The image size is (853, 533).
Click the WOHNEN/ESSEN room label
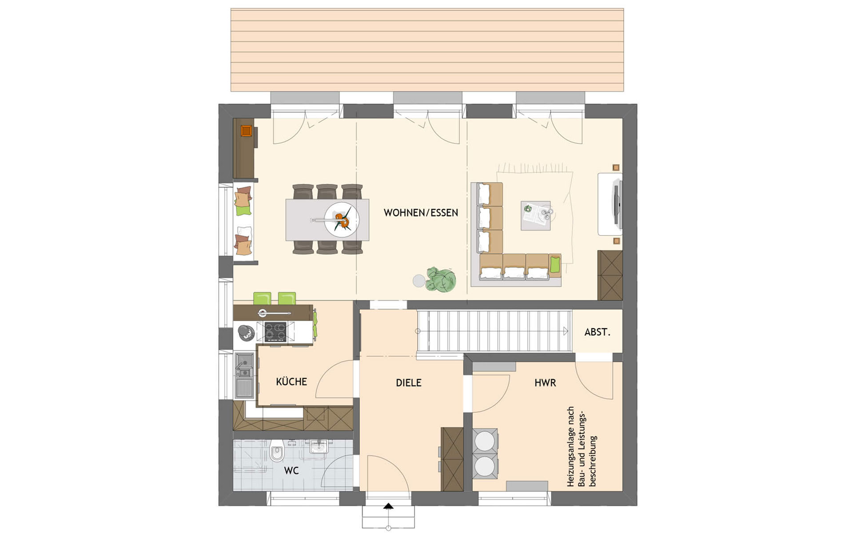tap(421, 213)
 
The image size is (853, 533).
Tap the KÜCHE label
tap(291, 382)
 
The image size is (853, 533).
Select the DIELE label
tap(409, 383)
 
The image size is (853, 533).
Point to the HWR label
tap(545, 383)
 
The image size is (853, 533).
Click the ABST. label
tap(597, 332)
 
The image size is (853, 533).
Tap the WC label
tap(291, 471)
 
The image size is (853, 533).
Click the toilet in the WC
tap(277, 451)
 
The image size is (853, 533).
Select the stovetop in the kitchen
tap(275, 331)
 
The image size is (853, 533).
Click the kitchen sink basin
tap(244, 365)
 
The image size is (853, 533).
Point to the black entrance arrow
tap(388, 506)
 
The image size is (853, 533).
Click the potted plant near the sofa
tap(441, 279)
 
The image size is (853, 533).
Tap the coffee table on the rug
tap(536, 215)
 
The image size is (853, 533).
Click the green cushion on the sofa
tap(555, 264)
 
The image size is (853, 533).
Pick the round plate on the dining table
tap(341, 219)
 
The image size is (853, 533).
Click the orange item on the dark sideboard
tap(246, 131)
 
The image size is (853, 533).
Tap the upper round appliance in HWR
tap(485, 441)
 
